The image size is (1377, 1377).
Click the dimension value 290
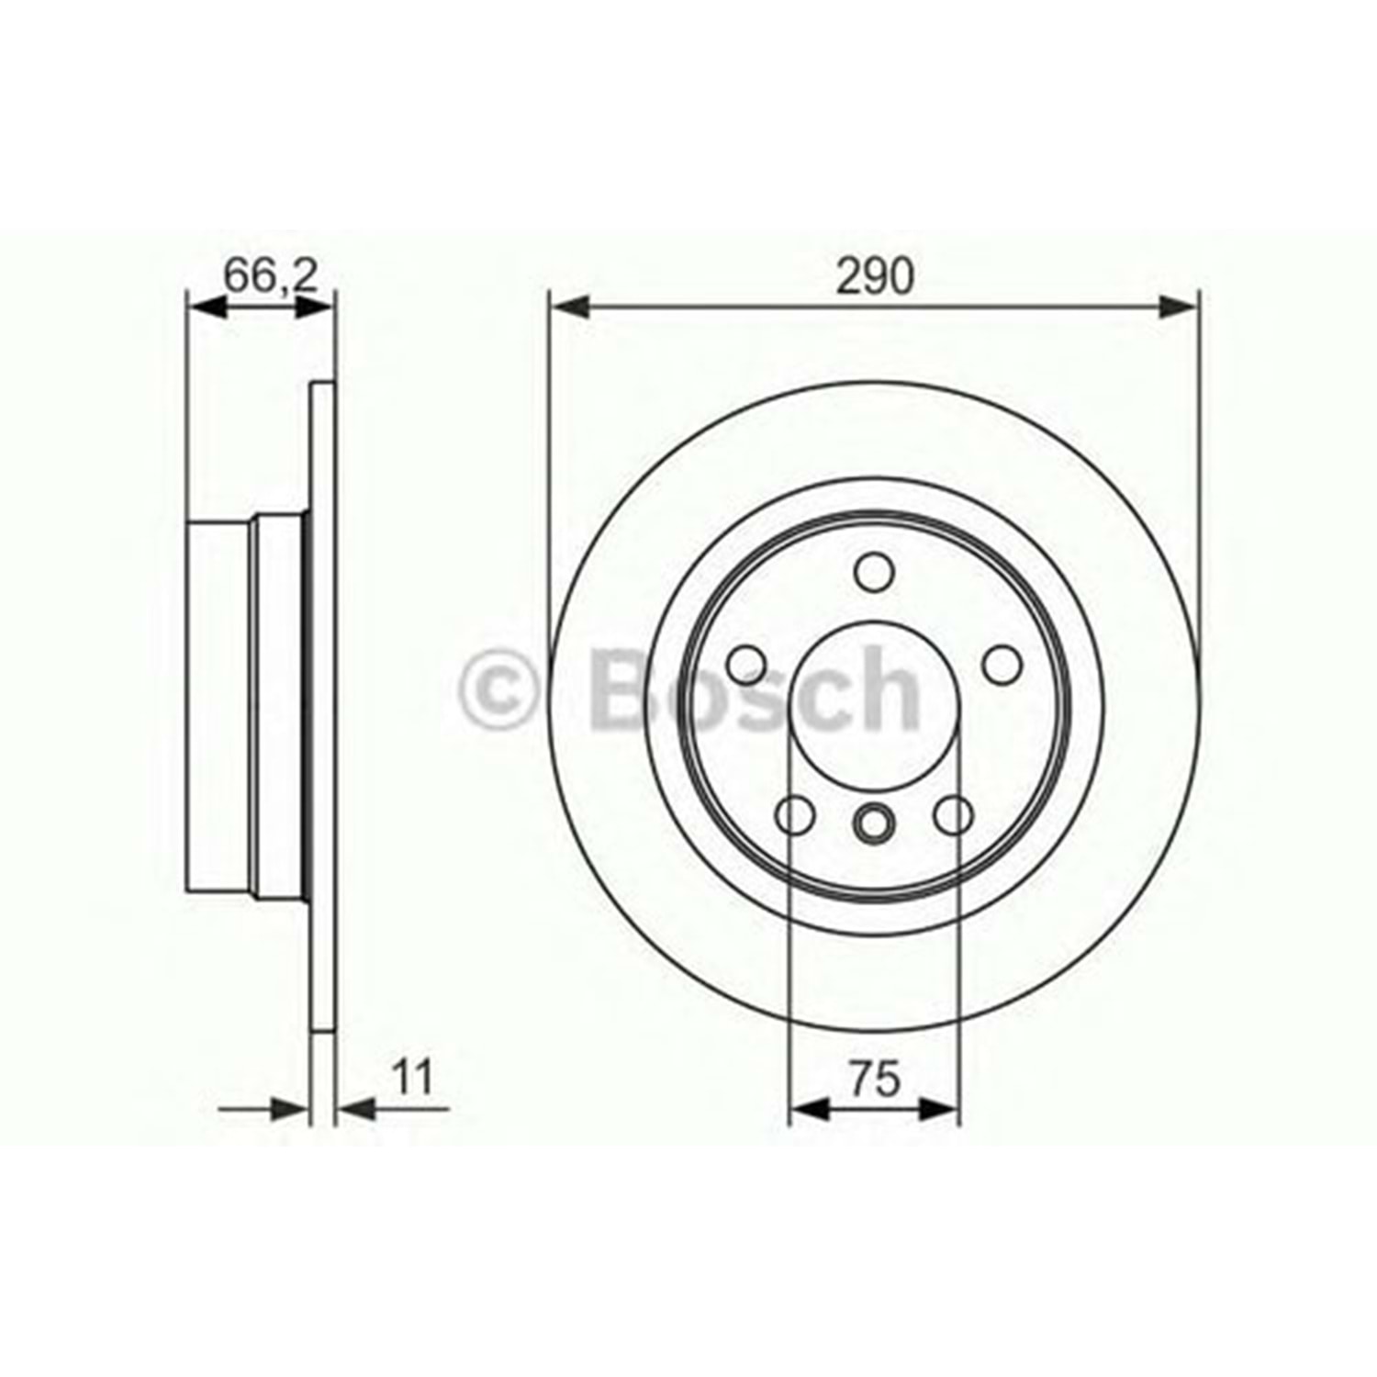point(875,275)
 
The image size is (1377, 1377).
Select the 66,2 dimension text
point(271,275)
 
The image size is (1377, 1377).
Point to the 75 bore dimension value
point(874,1079)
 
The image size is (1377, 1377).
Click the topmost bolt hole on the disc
point(874,572)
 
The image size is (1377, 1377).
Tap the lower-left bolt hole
point(796,814)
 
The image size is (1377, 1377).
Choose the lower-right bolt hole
point(954,814)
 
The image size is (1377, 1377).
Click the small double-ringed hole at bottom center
point(874,821)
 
